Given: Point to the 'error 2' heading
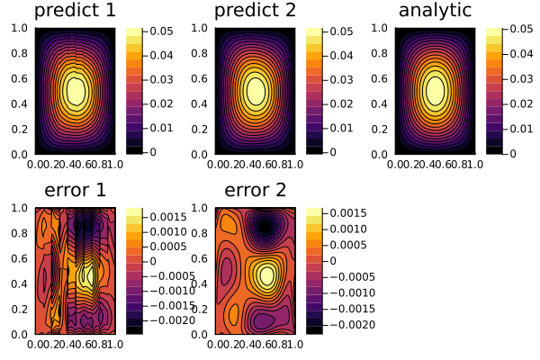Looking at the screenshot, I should (255, 191).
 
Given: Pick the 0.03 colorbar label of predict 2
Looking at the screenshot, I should (340, 80).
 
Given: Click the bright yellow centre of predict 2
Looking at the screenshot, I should (256, 90).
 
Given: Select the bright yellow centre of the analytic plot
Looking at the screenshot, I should (436, 90).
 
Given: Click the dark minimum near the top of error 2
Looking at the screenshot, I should (265, 227).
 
